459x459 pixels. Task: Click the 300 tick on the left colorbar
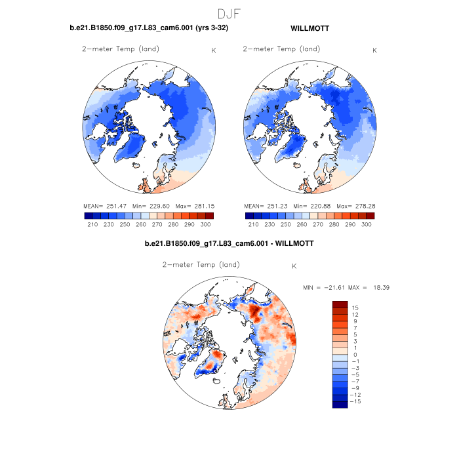205,224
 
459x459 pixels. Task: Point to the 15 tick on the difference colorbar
355,308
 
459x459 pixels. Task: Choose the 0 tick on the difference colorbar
355,354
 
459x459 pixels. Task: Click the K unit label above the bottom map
294,266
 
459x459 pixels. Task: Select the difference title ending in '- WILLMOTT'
229,243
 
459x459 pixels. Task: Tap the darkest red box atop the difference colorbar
340,304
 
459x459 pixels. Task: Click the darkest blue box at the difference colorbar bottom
340,404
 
